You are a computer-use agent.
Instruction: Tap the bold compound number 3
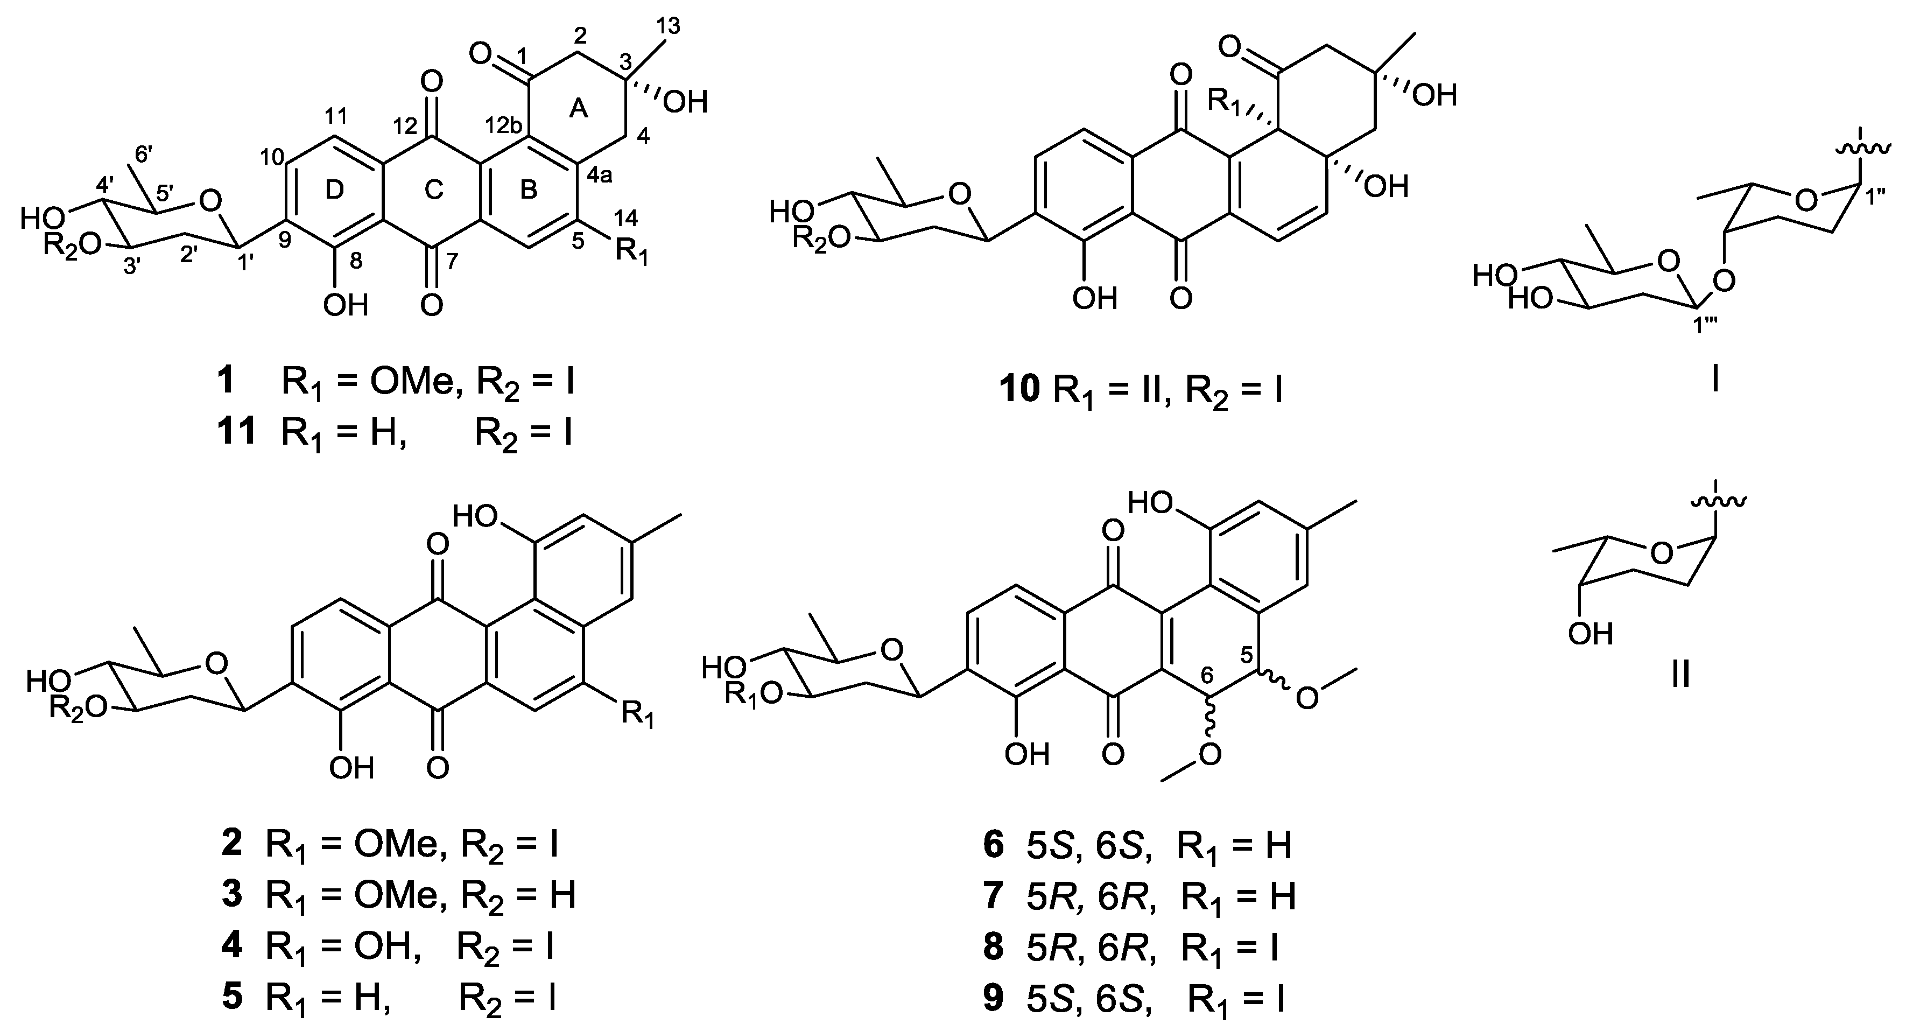(231, 894)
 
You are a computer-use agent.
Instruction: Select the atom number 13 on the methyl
(664, 26)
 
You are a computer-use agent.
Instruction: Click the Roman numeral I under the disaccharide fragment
(1715, 381)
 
